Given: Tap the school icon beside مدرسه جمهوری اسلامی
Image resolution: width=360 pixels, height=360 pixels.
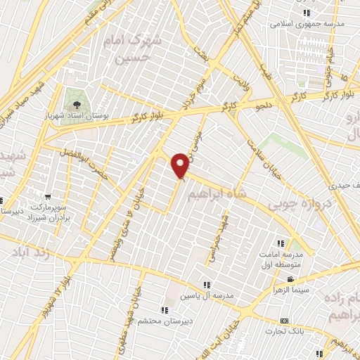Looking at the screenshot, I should [x=305, y=13].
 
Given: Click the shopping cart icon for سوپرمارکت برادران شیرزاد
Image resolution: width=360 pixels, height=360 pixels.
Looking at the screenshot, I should [x=47, y=197].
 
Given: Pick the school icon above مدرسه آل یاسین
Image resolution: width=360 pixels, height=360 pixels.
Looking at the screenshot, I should [x=206, y=285].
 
